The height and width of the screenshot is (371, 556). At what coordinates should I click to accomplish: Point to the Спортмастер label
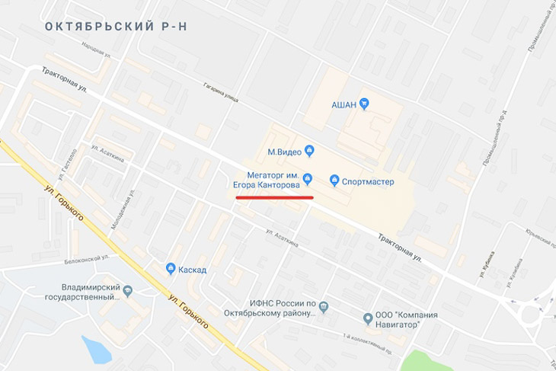coord(369,181)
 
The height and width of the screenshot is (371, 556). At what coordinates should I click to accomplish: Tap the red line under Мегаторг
coord(274,197)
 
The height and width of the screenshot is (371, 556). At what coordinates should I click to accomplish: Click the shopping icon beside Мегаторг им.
coord(308,180)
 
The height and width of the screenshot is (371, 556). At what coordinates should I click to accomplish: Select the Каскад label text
coord(193,269)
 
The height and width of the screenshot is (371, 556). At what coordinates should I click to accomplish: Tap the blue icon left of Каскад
coord(171,268)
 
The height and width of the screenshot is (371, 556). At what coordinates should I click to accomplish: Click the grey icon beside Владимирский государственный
coord(128,289)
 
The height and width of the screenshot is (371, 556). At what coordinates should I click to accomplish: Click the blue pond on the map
coord(96,350)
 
